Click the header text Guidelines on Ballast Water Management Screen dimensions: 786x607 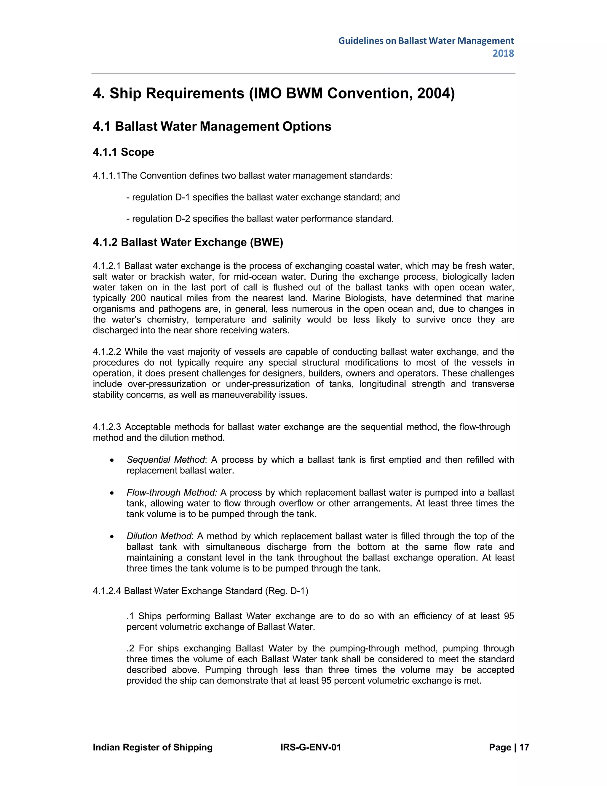pos(426,41)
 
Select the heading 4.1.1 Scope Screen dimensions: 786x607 pos(123,152)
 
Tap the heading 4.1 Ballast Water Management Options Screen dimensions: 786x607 pos(212,126)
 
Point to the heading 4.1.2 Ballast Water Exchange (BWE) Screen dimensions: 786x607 pos(188,242)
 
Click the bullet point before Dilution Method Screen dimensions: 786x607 pos(113,537)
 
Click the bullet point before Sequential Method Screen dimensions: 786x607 pos(113,460)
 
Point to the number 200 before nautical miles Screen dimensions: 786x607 pos(138,298)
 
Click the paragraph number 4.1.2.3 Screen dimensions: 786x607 pos(107,427)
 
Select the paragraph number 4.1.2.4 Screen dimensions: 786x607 pos(107,591)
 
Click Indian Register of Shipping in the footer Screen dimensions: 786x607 pos(152,747)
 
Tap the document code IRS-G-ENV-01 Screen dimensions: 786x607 pos(310,747)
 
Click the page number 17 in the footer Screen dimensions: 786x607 pos(524,747)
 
